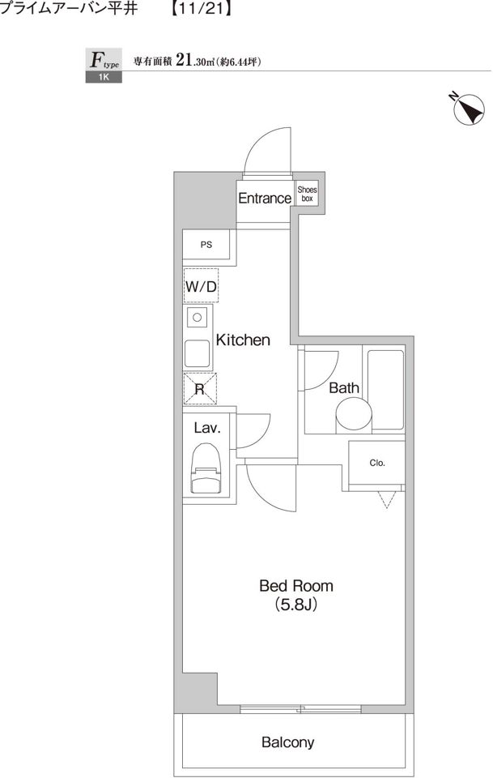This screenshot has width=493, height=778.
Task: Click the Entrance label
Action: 265,198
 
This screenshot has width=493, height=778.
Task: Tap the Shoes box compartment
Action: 307,194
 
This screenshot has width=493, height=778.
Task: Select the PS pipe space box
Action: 206,245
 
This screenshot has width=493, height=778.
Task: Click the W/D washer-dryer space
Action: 201,285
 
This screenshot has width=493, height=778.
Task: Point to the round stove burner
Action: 198,318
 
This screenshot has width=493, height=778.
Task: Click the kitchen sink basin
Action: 198,353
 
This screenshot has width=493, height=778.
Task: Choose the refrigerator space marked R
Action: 200,389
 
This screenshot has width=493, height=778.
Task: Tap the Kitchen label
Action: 243,340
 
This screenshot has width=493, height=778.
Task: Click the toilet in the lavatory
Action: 206,468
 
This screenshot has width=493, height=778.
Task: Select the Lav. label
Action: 206,428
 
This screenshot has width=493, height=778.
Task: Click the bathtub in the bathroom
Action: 385,390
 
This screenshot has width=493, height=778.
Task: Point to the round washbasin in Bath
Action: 353,416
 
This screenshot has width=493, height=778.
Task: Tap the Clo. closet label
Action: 377,463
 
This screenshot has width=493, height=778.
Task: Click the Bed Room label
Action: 295,585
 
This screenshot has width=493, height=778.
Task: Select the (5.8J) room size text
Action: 295,605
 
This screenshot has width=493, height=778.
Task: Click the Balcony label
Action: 288,742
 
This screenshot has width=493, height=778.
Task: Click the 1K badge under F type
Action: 104,77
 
